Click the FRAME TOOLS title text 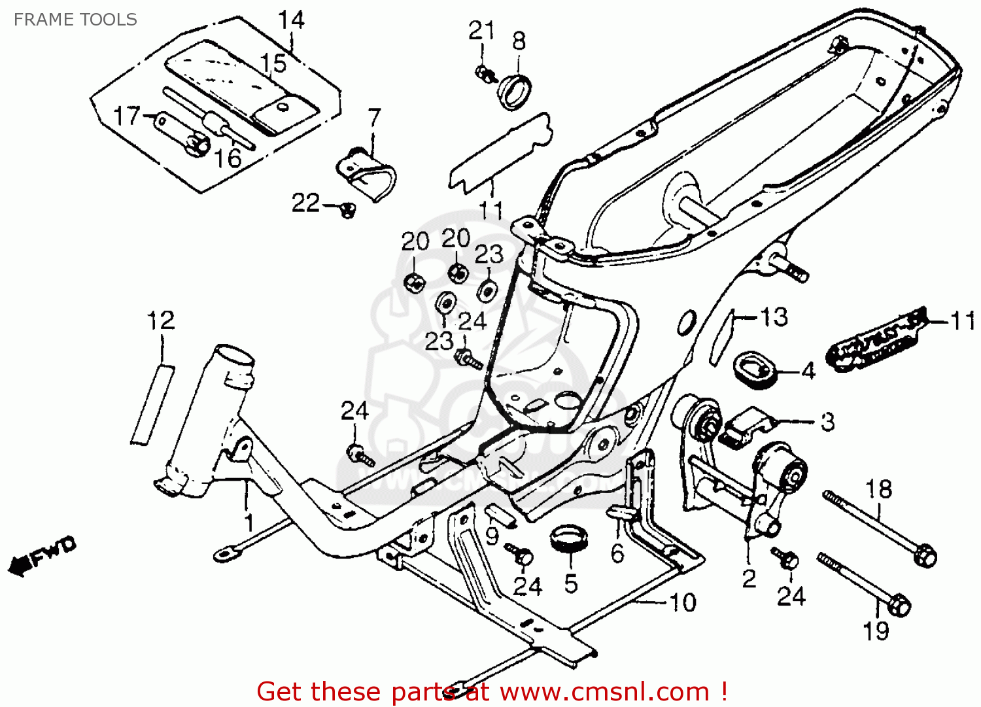point(75,20)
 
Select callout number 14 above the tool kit point(291,20)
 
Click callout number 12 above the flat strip point(161,320)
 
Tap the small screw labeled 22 point(347,209)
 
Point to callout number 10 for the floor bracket point(683,602)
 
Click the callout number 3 point(827,422)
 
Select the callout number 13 point(774,317)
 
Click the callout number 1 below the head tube point(249,523)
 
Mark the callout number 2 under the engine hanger point(749,578)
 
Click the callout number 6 point(617,553)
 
